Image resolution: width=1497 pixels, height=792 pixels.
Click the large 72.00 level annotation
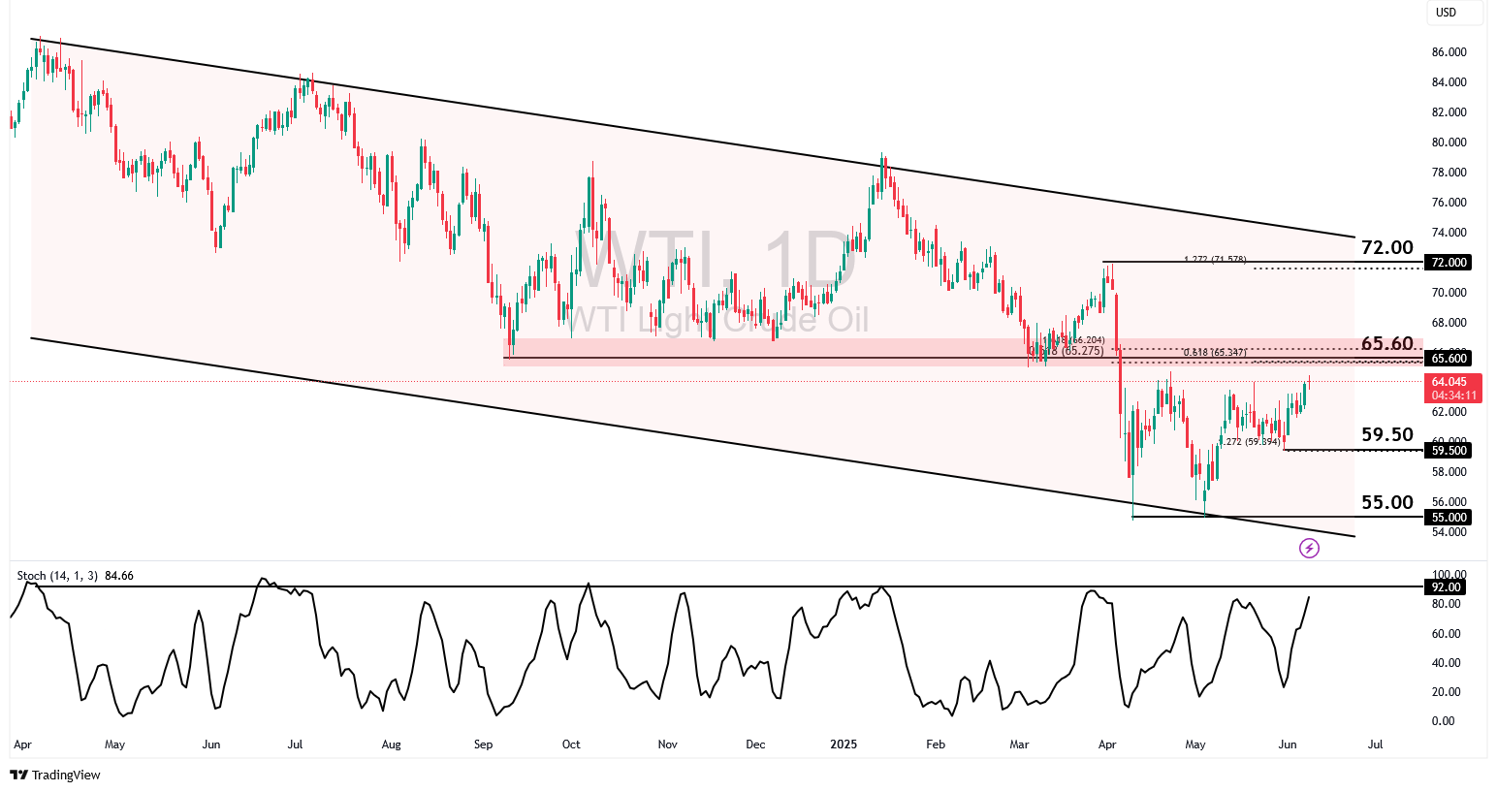click(x=1386, y=248)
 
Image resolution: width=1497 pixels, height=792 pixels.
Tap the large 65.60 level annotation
click(x=1386, y=344)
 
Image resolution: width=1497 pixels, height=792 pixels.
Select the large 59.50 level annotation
click(x=1386, y=435)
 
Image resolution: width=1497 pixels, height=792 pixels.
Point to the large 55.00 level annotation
click(x=1386, y=502)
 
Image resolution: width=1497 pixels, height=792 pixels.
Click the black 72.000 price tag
click(x=1449, y=263)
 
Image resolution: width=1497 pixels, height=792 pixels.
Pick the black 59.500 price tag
click(x=1449, y=451)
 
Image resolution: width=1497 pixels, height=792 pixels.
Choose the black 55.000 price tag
click(x=1449, y=518)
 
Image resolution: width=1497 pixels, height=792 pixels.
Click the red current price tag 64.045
click(x=1450, y=388)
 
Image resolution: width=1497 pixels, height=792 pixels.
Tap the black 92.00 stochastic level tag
click(x=1446, y=587)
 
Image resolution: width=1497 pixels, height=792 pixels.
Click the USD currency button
click(x=1447, y=13)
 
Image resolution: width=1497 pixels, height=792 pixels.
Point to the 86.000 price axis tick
click(x=1449, y=52)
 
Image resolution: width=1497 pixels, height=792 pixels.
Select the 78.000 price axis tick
click(x=1449, y=173)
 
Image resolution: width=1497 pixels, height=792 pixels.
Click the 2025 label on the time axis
click(x=844, y=744)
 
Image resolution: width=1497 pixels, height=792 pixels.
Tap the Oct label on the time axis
click(x=571, y=744)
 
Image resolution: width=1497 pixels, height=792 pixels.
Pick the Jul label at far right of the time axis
click(x=1375, y=744)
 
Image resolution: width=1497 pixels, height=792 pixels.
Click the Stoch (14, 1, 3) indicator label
click(x=57, y=576)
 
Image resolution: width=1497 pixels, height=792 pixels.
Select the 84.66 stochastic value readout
click(x=119, y=576)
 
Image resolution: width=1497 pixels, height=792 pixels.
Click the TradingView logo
click(x=55, y=776)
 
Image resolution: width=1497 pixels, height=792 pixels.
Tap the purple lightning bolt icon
click(x=1309, y=549)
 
